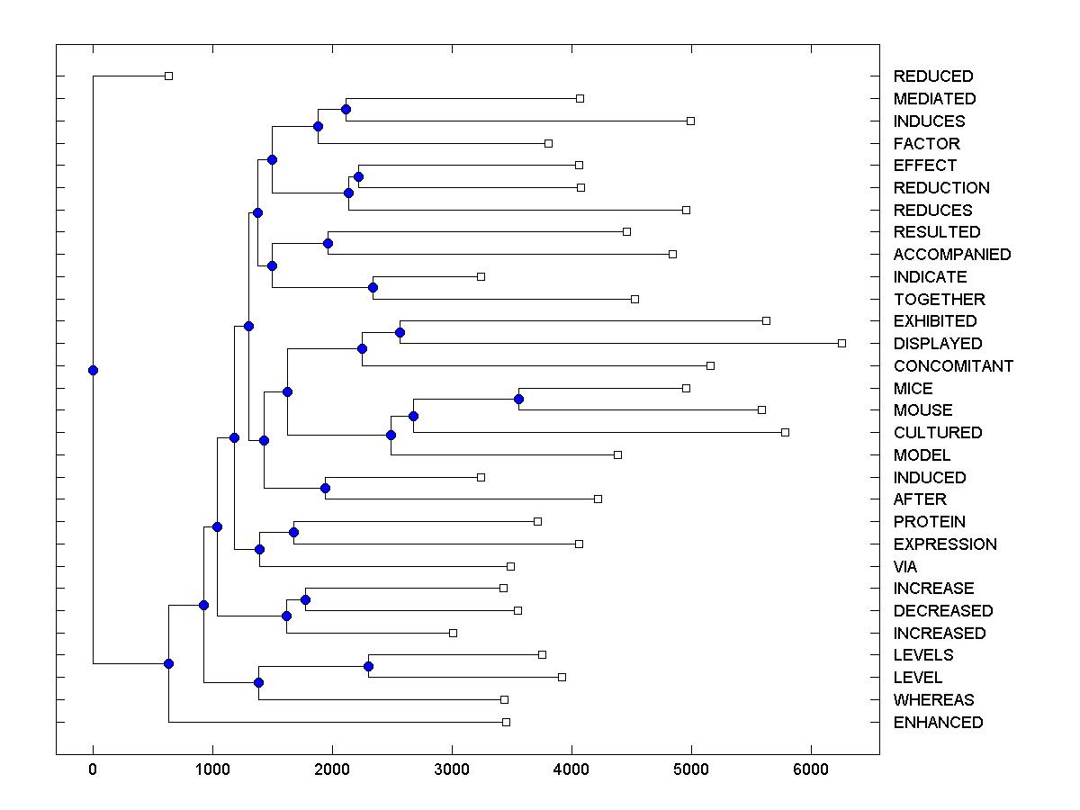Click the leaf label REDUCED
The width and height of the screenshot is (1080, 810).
(932, 76)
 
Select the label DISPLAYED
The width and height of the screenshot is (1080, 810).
(937, 344)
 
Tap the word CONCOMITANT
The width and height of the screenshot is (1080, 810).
(953, 366)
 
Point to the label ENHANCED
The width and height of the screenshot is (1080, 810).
(938, 723)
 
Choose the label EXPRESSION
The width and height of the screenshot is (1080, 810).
(945, 544)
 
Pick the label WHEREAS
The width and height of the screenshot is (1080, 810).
(933, 700)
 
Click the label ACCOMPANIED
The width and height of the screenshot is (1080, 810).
(951, 255)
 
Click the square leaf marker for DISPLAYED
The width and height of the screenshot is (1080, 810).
(842, 343)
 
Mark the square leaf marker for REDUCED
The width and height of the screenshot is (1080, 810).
(168, 76)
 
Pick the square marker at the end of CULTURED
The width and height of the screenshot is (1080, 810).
(785, 432)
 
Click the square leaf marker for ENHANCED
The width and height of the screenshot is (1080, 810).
(506, 722)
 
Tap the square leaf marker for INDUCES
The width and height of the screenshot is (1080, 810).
(690, 121)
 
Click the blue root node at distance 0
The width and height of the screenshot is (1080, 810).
(93, 370)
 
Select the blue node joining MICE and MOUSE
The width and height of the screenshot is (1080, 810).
(518, 399)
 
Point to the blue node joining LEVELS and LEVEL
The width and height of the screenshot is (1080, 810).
(368, 666)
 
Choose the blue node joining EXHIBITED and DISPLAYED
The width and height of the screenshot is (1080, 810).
(400, 332)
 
